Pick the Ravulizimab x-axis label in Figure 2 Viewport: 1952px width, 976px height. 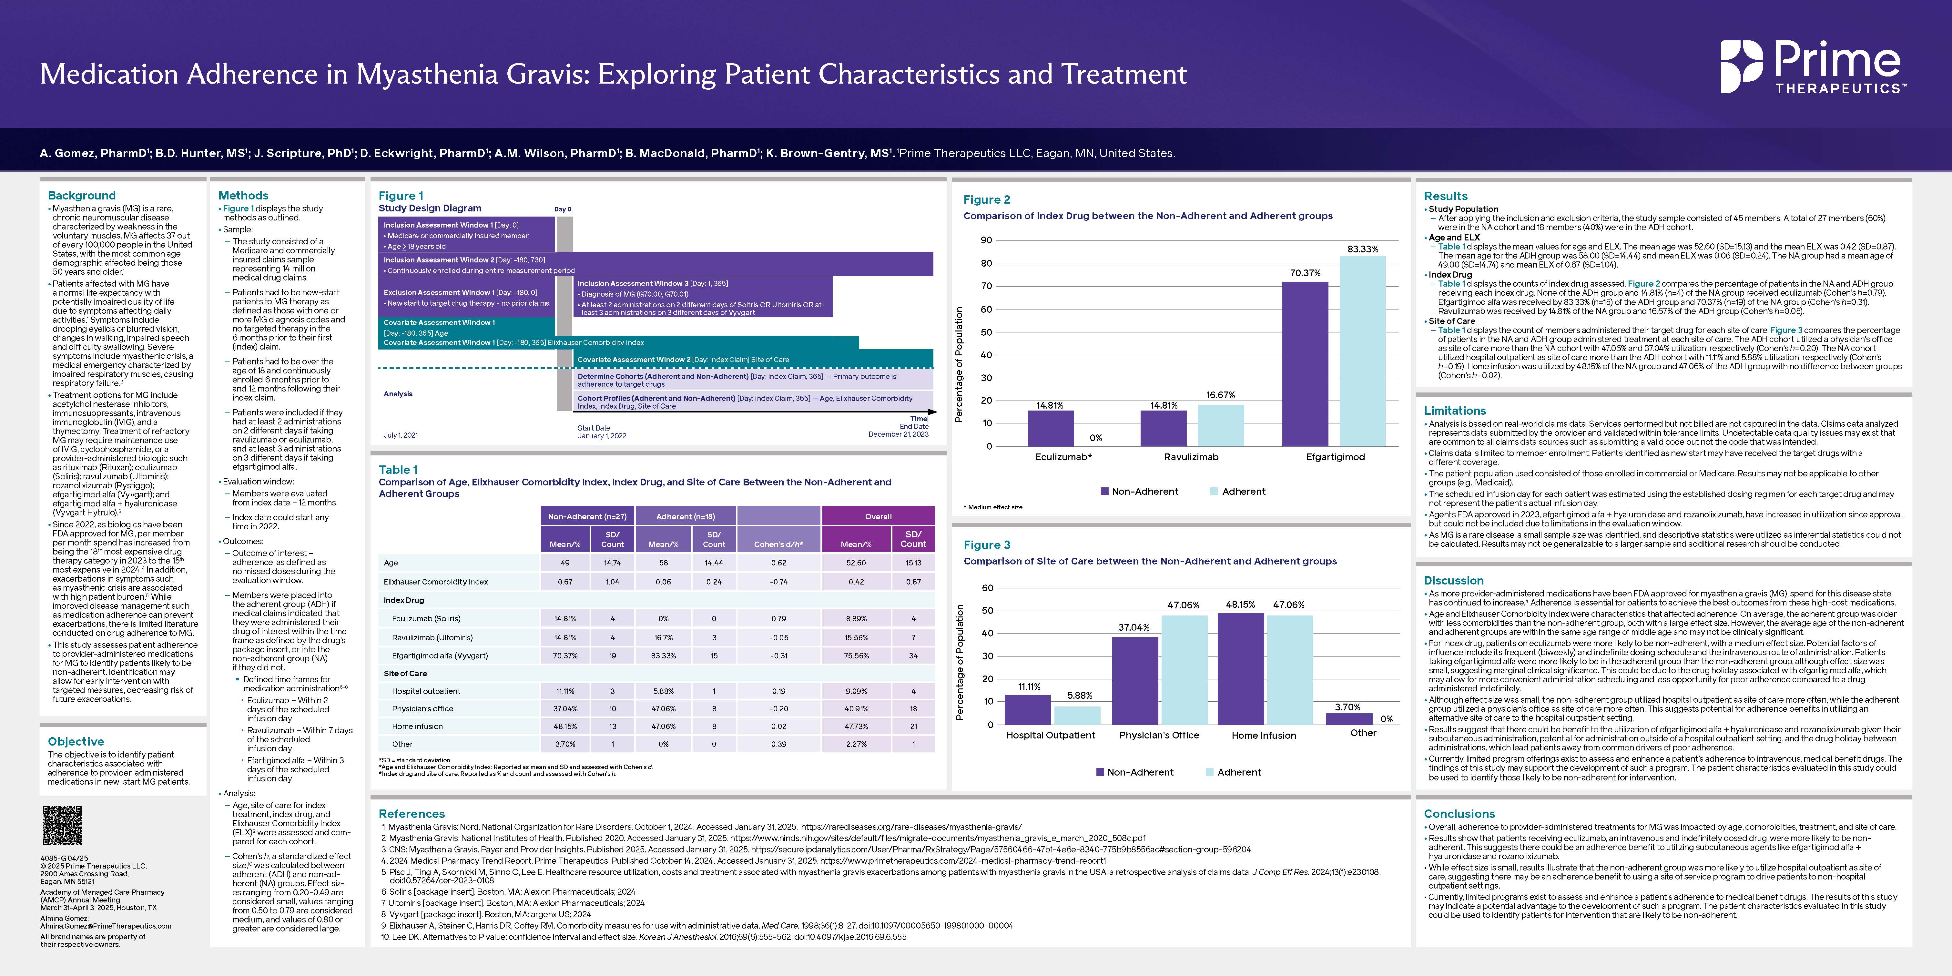tap(1191, 457)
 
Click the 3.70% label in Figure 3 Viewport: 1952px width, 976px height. tap(1347, 707)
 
